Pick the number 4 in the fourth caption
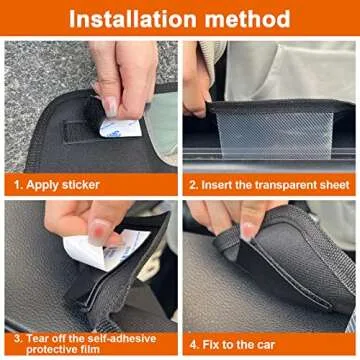[195, 343]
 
